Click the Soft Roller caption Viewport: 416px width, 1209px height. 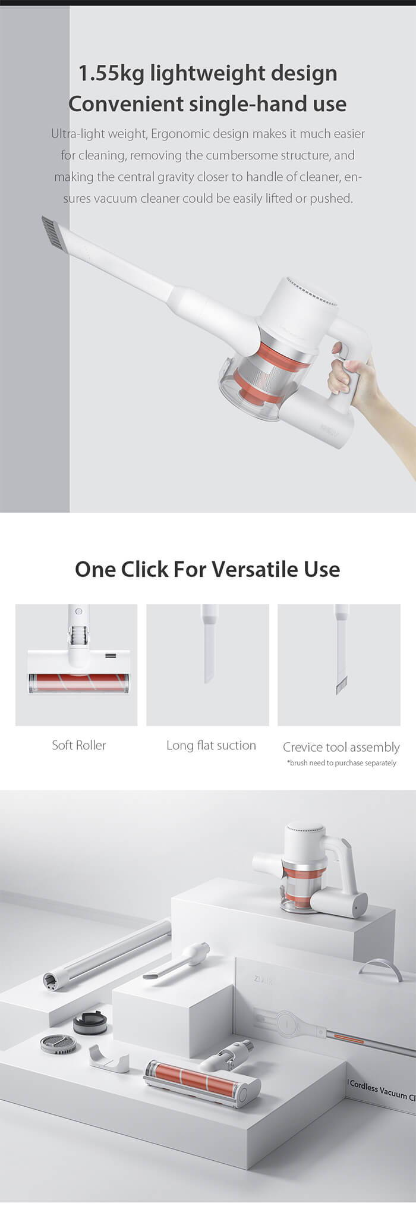click(x=78, y=745)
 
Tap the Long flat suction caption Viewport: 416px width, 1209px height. click(x=211, y=745)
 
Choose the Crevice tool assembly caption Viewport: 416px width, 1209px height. click(x=341, y=747)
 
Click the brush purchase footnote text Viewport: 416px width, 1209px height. click(x=341, y=763)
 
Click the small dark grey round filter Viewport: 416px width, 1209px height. click(x=89, y=1024)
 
